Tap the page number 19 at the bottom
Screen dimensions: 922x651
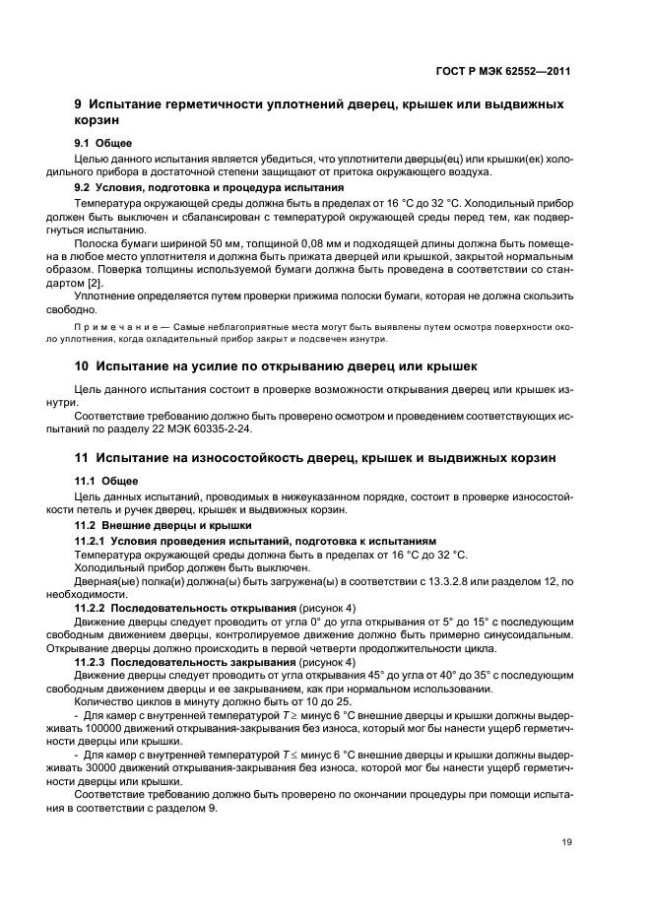pyautogui.click(x=564, y=842)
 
